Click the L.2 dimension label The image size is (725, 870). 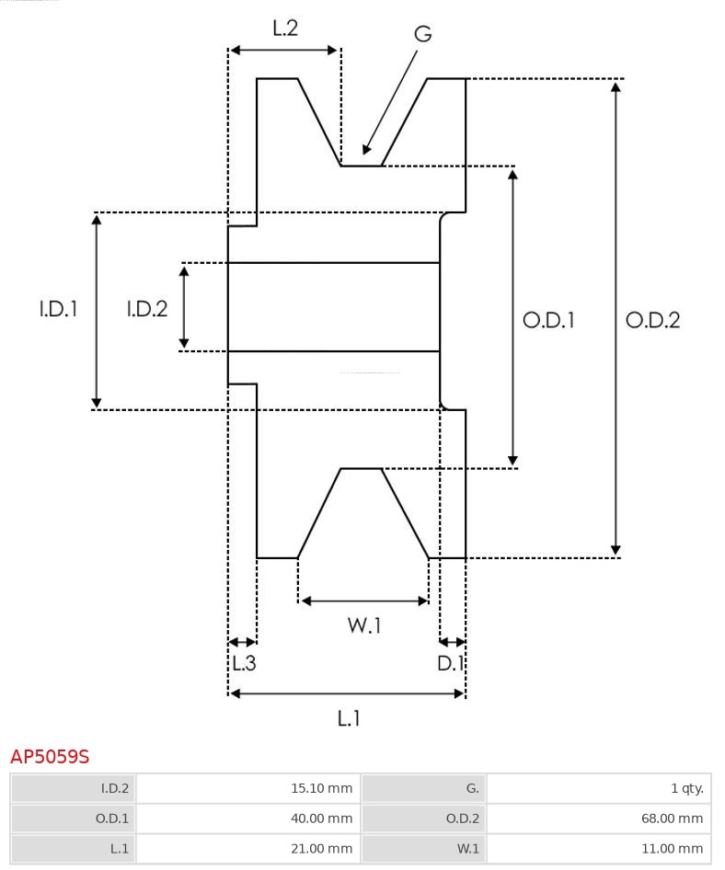tap(285, 29)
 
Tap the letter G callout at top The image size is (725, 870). tap(422, 34)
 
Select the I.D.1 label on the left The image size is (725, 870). tap(58, 309)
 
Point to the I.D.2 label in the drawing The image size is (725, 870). tap(147, 309)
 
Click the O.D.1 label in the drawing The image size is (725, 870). tap(548, 320)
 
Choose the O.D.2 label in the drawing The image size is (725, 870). tap(652, 320)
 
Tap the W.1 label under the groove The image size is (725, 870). tap(364, 625)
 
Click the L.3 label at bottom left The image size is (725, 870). tap(243, 663)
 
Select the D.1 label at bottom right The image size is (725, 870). tap(451, 663)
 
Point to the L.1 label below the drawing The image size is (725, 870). tap(348, 717)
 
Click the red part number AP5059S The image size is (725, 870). tap(50, 757)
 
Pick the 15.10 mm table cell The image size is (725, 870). tap(247, 788)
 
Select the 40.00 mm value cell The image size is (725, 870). tap(247, 818)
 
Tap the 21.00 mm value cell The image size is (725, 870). tap(247, 848)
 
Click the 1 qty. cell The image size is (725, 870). tap(598, 788)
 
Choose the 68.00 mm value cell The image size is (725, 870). tap(598, 818)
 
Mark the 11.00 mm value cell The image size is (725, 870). tap(598, 848)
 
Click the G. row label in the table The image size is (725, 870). tap(424, 788)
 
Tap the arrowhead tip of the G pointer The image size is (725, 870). tap(365, 153)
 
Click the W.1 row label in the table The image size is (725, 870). tap(424, 848)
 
